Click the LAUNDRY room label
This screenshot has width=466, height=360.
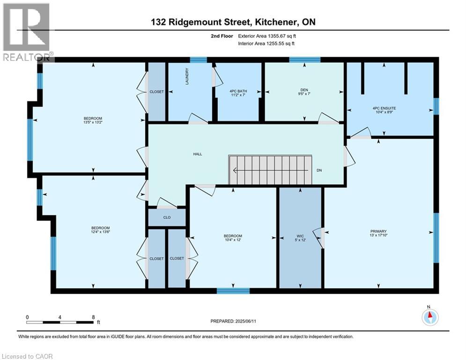(187, 76)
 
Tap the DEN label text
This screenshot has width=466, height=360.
(304, 90)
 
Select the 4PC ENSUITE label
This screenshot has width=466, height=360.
(384, 108)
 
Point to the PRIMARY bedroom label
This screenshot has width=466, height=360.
(378, 231)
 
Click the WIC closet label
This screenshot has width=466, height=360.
(300, 236)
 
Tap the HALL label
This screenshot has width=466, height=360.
(198, 154)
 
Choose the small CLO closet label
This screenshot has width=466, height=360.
(167, 217)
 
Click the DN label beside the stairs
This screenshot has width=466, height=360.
(319, 171)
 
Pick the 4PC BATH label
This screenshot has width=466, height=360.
(238, 91)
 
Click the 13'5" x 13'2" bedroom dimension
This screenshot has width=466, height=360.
(93, 122)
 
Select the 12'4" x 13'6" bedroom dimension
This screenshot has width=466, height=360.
(101, 232)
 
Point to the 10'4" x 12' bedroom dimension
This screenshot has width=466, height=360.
(233, 240)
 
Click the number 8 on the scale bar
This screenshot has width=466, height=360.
(93, 317)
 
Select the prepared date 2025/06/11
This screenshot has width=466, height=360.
(245, 321)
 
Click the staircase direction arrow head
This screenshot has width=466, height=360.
(235, 171)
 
